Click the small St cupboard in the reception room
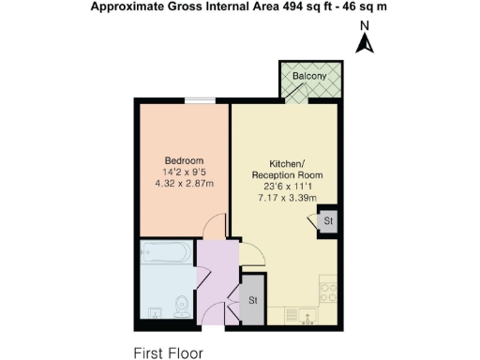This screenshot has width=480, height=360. coord(327,222)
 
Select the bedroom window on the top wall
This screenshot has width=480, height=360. coord(198,100)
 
